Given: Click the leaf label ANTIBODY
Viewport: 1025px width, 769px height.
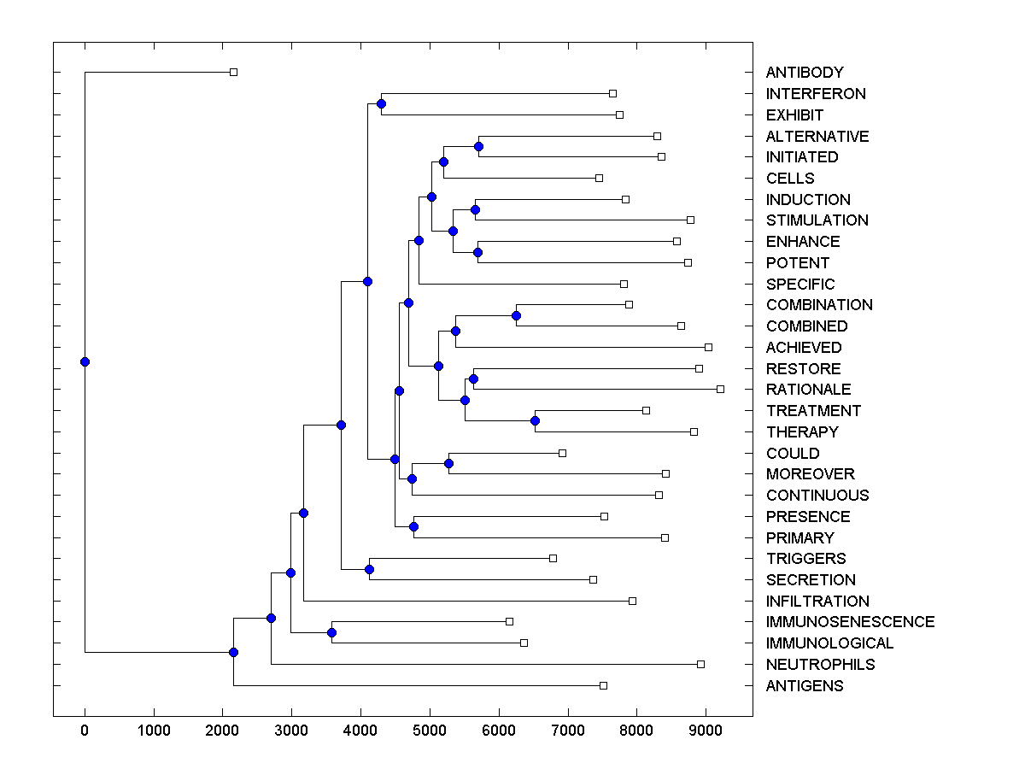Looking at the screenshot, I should click(x=805, y=73).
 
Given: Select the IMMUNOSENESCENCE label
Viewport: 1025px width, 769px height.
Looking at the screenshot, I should click(x=850, y=622).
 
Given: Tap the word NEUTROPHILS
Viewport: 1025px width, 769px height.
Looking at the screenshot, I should click(x=820, y=665).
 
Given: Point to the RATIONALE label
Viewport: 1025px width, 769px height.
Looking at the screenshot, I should click(x=808, y=390).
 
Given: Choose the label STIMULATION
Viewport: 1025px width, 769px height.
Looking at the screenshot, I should click(x=817, y=220).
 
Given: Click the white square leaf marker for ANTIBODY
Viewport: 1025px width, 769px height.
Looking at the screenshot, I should click(x=233, y=73).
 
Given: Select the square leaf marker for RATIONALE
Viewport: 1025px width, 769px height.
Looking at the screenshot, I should click(x=720, y=390).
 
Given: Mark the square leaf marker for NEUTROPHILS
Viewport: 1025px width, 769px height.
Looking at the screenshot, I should click(x=700, y=665).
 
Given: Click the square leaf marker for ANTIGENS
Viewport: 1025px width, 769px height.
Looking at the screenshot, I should click(x=603, y=685).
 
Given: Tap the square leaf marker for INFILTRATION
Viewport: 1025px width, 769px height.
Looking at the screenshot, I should click(x=632, y=601).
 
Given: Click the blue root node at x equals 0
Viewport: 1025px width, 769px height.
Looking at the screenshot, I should click(x=85, y=361).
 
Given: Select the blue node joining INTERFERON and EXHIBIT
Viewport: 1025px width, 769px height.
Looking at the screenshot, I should click(x=381, y=104).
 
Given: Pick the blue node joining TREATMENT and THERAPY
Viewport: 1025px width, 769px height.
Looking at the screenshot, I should click(x=535, y=421).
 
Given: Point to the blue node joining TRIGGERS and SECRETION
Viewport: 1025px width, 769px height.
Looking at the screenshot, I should click(x=369, y=569).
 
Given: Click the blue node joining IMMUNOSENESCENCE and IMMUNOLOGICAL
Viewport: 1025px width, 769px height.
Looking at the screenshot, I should click(x=331, y=633).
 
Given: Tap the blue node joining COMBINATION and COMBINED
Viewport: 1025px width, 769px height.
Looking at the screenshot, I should click(x=516, y=316).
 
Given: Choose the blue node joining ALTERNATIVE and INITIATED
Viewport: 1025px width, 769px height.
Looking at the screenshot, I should click(x=478, y=147).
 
